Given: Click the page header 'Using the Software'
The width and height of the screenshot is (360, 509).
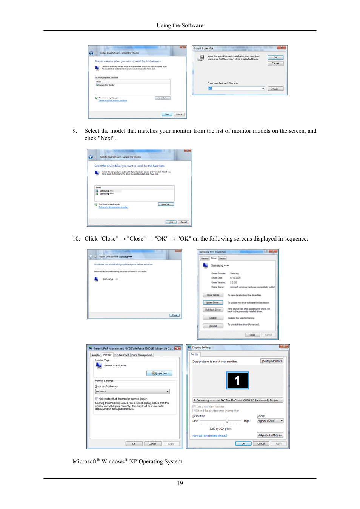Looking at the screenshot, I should coord(180,25).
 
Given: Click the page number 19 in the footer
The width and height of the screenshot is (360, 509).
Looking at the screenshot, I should coord(180,483).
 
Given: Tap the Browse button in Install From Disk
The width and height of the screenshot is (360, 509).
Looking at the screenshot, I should coord(275,89).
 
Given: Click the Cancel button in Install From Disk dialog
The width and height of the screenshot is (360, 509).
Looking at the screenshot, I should coord(275,64).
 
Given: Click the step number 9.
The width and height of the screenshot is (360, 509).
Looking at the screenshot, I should coord(75,131).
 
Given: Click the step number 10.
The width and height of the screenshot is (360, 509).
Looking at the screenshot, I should coord(76,239).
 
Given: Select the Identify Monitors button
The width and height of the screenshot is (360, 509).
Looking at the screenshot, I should coord(272,361).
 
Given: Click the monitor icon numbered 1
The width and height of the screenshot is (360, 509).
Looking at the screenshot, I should coord(237,380).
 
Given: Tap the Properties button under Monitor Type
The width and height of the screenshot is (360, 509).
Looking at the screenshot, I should coord(159,373).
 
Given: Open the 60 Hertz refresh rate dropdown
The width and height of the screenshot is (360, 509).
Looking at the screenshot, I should coord(132,392).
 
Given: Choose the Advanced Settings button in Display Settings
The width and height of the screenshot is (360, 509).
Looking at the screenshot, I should coord(270,435).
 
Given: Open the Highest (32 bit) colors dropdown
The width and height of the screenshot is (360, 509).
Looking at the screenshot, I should coord(270,421).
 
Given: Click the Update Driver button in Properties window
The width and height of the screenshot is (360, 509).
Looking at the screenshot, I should coord(213,302).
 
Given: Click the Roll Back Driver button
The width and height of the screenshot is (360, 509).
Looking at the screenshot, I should coord(213,310).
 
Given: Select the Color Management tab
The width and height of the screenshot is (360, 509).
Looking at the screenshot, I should coord(142,355).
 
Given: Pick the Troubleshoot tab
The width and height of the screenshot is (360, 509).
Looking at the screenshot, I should coord(122,355).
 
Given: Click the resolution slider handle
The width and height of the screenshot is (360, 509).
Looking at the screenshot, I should coord(227,421).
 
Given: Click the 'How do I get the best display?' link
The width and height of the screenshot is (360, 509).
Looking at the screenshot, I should coord(210,436).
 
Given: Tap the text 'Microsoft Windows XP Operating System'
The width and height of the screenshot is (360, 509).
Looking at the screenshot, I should coord(127,461).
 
